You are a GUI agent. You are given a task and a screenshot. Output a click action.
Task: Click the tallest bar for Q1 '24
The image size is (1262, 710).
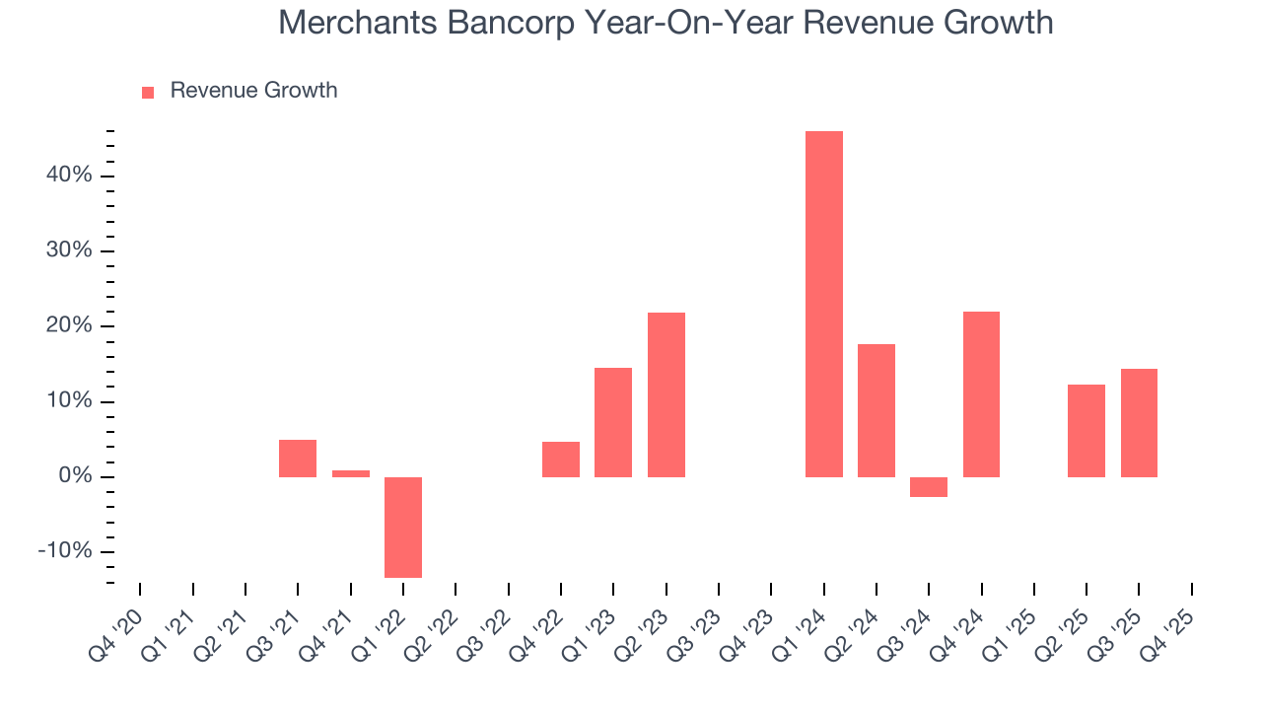(x=823, y=304)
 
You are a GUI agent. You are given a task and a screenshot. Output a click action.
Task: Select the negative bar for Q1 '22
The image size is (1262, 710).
(x=403, y=527)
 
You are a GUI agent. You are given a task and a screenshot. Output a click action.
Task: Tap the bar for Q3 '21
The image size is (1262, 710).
(x=298, y=459)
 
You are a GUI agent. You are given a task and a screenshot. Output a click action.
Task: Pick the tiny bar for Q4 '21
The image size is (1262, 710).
(x=350, y=473)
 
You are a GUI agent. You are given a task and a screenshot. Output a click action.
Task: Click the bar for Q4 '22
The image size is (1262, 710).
(x=561, y=460)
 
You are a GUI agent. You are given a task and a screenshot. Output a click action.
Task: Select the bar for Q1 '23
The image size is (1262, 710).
(x=613, y=422)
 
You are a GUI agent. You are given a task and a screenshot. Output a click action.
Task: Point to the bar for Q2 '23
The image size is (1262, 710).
(x=666, y=394)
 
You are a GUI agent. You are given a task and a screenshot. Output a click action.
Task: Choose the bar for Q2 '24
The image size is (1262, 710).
(x=876, y=410)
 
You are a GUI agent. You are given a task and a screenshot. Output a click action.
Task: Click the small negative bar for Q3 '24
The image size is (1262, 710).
(x=929, y=487)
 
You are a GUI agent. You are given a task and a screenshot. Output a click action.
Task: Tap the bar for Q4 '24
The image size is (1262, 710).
(x=981, y=394)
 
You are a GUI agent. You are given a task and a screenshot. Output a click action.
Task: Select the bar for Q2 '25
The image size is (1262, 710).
(x=1087, y=431)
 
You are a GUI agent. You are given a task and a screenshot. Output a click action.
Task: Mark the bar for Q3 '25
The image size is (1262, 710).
(x=1139, y=423)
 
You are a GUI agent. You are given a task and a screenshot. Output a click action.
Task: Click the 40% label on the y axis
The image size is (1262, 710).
(x=68, y=176)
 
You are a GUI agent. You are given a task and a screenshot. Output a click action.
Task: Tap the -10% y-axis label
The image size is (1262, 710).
(x=64, y=552)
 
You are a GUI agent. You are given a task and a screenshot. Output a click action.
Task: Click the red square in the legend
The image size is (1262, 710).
(x=148, y=92)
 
